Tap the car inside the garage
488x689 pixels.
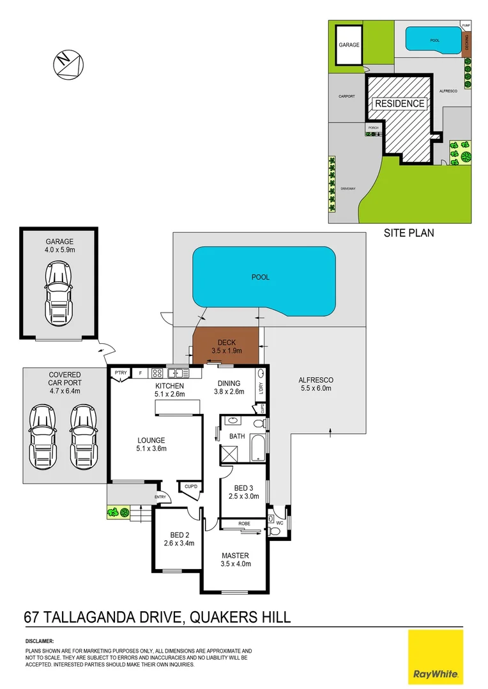tap(59, 294)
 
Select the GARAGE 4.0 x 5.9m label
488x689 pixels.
tap(59, 246)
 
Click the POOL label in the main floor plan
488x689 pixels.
tap(261, 278)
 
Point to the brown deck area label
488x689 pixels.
tap(227, 346)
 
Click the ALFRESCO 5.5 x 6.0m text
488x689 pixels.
tap(316, 384)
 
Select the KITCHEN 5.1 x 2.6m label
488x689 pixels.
tap(169, 390)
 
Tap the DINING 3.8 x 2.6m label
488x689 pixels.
tap(228, 387)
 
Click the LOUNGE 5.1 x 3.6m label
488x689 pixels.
tap(151, 444)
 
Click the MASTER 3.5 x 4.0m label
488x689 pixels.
tap(236, 559)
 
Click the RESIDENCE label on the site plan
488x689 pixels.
tap(399, 103)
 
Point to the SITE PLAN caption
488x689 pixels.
tap(408, 233)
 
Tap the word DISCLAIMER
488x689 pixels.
tap(40, 641)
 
